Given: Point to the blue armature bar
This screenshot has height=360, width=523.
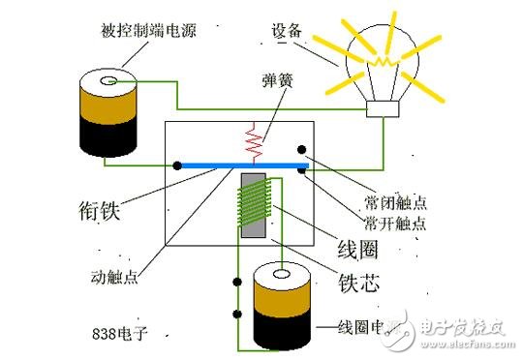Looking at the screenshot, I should pos(242,166).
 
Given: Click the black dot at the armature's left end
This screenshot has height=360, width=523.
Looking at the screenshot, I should pos(176,165).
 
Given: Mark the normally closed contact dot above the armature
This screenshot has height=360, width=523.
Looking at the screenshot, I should pos(303,151).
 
